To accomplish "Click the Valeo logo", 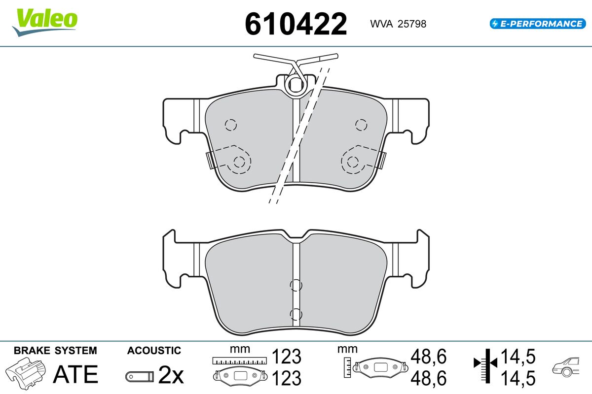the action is point(45,23).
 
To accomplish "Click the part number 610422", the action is point(296,24).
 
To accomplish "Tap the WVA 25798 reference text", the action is point(398,24).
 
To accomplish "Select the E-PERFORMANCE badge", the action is point(538,24).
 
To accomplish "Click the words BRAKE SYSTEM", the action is point(55,351).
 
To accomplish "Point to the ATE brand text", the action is point(75,374).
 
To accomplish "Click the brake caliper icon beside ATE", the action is point(25,373).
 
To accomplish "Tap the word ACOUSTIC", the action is point(154,351).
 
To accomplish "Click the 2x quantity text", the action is point(171,374).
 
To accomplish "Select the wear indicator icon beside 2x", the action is point(140,376).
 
